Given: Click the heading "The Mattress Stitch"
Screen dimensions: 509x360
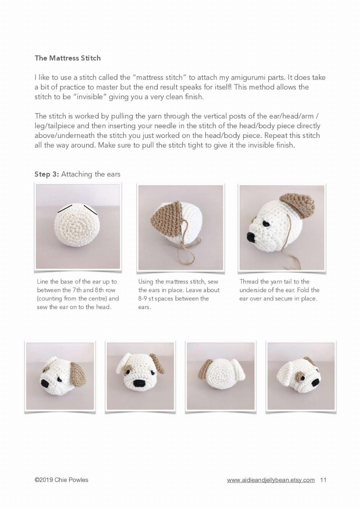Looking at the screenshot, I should [68, 58].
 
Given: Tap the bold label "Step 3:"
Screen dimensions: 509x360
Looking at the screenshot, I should [46, 174].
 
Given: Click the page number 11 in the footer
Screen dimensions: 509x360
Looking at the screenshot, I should [323, 480].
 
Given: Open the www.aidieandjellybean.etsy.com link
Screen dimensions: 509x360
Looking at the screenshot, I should [271, 480].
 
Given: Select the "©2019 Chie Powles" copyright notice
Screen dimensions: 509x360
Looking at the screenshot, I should [62, 480].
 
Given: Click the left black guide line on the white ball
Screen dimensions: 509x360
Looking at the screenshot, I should [65, 208].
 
